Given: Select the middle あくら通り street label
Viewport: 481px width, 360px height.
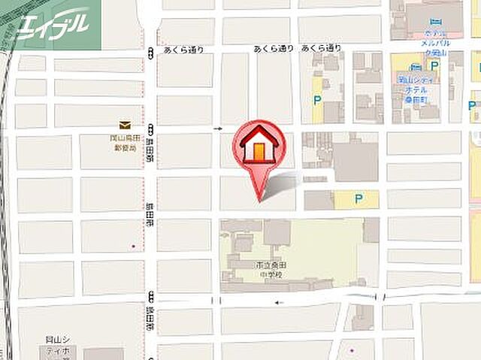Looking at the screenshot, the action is (x=274, y=48).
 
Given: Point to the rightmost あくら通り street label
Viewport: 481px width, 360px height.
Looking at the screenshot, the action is (x=322, y=48).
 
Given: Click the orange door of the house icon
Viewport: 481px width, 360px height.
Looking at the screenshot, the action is (x=259, y=150).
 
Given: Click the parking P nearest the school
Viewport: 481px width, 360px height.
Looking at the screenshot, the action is (x=358, y=198).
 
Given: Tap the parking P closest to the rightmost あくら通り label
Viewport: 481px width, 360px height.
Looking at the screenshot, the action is (x=318, y=98).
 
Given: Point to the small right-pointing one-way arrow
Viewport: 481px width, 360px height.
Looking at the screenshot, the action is (x=219, y=129).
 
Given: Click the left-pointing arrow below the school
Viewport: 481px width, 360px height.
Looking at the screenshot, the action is (x=278, y=303).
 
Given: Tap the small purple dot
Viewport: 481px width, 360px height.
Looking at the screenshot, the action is (x=350, y=349).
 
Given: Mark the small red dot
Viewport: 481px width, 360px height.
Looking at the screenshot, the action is (x=134, y=247).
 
